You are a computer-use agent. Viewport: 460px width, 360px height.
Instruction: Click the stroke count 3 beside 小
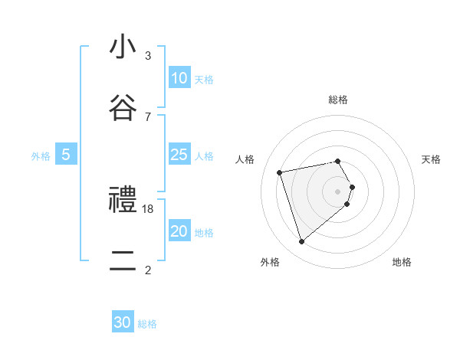pos(148,55)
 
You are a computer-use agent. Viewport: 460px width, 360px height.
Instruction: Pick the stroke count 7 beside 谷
pos(148,116)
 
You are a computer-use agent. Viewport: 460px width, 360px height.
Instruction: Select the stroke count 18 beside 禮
pos(148,208)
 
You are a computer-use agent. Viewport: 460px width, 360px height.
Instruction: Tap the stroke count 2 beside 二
pos(148,270)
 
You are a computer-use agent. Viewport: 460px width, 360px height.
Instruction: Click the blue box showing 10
pos(179,78)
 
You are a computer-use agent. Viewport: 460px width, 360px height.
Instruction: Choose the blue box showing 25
pos(179,155)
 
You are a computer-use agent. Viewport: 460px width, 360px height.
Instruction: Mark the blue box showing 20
pos(179,231)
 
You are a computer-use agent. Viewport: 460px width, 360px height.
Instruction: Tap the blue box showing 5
pos(66,155)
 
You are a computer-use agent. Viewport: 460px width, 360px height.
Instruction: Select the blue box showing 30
pos(123,323)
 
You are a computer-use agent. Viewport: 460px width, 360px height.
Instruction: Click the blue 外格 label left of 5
pos(41,156)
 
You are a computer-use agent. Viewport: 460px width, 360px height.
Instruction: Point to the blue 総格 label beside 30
pos(147,324)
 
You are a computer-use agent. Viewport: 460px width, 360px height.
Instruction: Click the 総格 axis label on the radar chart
pos(338,100)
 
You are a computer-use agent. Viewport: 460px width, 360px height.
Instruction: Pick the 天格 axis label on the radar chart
pos(431,159)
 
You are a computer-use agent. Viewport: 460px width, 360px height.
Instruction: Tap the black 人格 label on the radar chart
pos(245,159)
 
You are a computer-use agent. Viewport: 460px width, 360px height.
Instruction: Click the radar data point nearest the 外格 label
pos(301,242)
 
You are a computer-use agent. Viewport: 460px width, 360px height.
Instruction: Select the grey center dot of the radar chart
pos(338,191)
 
